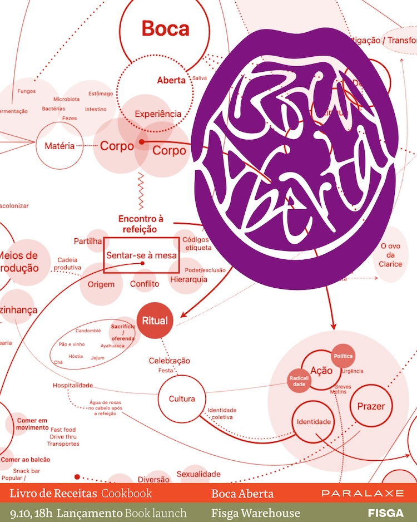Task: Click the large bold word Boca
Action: (x=165, y=28)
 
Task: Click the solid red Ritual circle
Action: (x=155, y=321)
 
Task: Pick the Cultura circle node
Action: (x=182, y=398)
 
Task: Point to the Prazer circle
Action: (x=371, y=406)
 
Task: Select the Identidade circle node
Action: (x=314, y=422)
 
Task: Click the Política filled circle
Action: (x=342, y=356)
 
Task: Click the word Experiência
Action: (x=158, y=114)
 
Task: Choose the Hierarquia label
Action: (x=188, y=279)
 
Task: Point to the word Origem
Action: (x=101, y=284)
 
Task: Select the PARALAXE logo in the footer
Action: (x=362, y=494)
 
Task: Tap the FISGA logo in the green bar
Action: (x=385, y=513)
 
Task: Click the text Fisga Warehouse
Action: (x=255, y=513)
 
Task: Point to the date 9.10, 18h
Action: (x=31, y=513)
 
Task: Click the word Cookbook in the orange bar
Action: (x=126, y=494)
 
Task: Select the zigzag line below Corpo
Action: (x=141, y=185)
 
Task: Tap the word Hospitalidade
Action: (x=73, y=385)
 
